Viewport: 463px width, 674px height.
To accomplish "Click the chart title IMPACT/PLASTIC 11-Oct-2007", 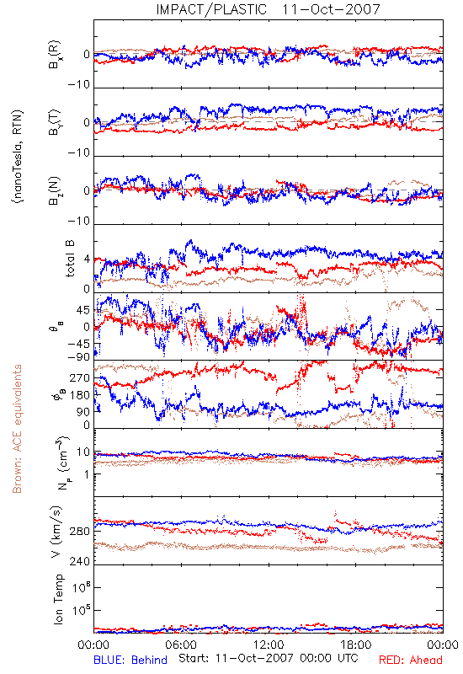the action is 268,9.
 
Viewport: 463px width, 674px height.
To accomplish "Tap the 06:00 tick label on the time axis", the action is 181,645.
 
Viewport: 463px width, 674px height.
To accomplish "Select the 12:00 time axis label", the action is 269,645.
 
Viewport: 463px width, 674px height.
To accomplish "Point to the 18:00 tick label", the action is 356,645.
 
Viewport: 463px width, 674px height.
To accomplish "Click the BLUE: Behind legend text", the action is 130,660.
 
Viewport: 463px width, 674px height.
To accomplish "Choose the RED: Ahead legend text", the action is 410,660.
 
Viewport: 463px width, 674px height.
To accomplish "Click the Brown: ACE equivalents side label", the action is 17,429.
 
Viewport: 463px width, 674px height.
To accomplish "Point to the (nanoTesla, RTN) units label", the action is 18,157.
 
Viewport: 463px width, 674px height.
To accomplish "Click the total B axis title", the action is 70,258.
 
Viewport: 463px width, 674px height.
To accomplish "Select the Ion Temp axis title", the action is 58,599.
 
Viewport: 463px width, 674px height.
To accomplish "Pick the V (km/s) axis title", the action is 56,532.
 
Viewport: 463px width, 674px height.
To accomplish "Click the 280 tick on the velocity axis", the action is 79,532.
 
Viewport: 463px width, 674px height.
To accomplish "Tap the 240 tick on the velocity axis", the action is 79,561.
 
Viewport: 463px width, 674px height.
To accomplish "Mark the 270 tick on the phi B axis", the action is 79,377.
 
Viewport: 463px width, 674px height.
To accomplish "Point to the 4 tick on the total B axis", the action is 88,259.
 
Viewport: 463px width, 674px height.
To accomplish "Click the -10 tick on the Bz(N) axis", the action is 78,221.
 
